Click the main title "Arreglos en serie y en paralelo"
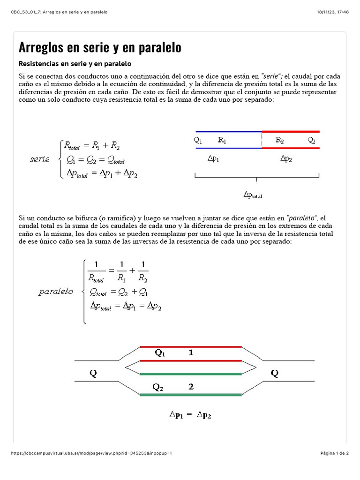click(x=99, y=48)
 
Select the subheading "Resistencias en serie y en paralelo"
click(x=75, y=64)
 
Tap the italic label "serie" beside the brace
click(x=40, y=159)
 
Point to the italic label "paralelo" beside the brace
click(x=56, y=292)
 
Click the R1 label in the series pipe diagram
click(x=222, y=140)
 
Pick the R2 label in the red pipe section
click(x=279, y=140)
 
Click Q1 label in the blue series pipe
click(x=198, y=140)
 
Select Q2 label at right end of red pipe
click(x=312, y=140)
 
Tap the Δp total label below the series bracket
click(x=253, y=195)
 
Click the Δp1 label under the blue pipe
click(x=213, y=158)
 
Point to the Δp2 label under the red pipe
click(x=286, y=158)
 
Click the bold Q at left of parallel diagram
click(x=94, y=374)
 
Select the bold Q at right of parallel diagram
click(x=274, y=374)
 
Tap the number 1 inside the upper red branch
click(x=191, y=353)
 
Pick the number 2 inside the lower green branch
click(x=191, y=387)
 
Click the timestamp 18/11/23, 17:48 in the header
click(x=332, y=12)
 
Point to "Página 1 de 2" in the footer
click(x=335, y=453)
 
